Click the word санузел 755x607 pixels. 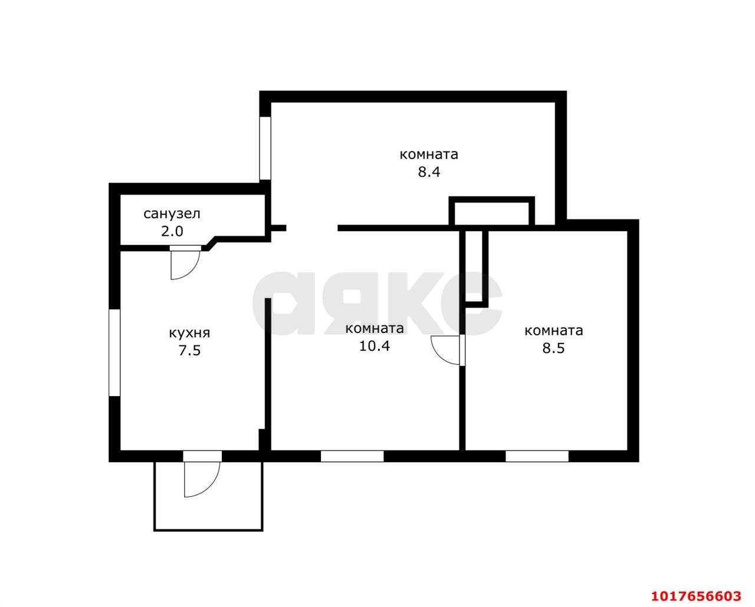pos(172,214)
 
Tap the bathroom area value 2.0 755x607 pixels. pos(172,232)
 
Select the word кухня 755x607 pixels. pos(189,334)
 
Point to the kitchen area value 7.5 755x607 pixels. pos(189,351)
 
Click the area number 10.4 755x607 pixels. pos(375,346)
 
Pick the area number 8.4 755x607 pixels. pos(429,172)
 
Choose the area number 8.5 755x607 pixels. pos(553,348)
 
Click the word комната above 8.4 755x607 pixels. pos(429,154)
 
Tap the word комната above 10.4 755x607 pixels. pos(375,329)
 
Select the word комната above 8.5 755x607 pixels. pos(554,331)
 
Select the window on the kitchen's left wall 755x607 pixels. pos(114,353)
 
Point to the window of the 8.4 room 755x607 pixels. pos(265,148)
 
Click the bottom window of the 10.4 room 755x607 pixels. pos(352,456)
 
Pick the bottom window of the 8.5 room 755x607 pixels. pos(537,456)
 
